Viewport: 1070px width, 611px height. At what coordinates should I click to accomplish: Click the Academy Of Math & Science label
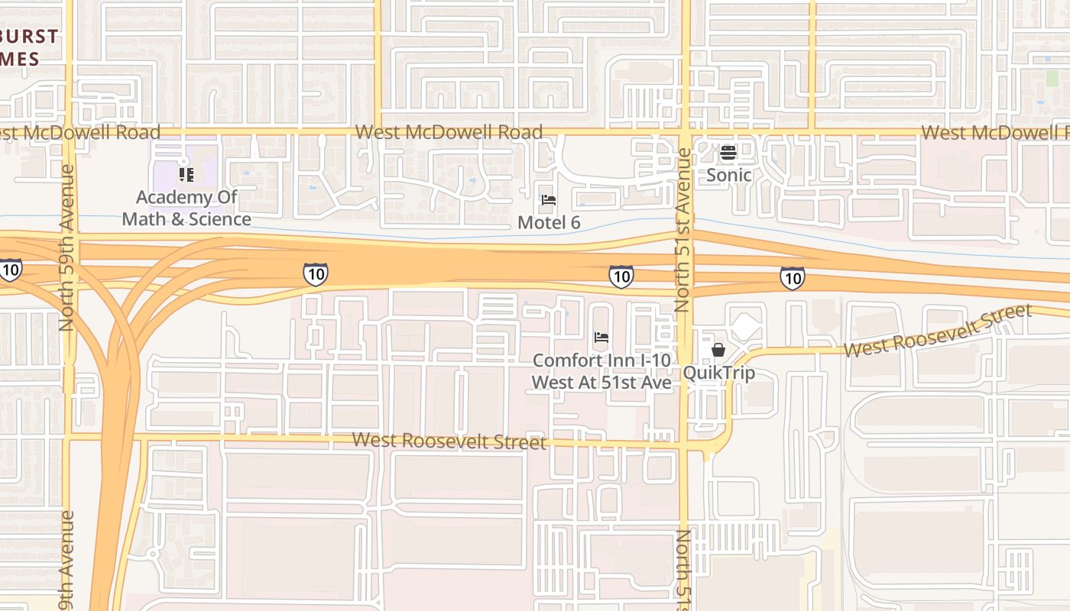point(186,208)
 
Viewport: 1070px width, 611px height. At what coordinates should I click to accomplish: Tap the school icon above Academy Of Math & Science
point(186,175)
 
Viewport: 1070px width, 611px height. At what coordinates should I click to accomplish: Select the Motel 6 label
point(549,222)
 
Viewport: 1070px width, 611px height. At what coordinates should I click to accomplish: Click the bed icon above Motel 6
point(549,200)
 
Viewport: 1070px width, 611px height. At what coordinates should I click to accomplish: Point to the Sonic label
point(728,175)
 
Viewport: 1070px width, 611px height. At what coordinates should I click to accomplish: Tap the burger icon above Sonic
point(728,153)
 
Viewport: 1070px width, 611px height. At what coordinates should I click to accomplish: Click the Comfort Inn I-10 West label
point(601,370)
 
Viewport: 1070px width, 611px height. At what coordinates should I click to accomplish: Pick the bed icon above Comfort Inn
point(601,337)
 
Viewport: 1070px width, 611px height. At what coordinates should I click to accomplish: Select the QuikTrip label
point(718,373)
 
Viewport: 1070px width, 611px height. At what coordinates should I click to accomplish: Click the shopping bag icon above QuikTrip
point(718,350)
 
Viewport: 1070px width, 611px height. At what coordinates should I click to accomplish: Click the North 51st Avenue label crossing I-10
point(683,229)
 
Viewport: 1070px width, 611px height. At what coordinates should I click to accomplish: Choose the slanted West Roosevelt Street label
point(938,330)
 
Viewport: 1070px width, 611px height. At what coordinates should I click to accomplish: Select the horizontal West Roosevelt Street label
point(449,441)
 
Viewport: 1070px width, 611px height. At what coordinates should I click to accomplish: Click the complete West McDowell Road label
point(449,132)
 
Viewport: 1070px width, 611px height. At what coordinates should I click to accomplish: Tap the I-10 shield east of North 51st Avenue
point(793,277)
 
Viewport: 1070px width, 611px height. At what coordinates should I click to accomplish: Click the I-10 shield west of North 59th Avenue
point(11,270)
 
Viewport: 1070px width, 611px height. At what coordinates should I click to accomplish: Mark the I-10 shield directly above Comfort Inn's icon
point(621,276)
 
